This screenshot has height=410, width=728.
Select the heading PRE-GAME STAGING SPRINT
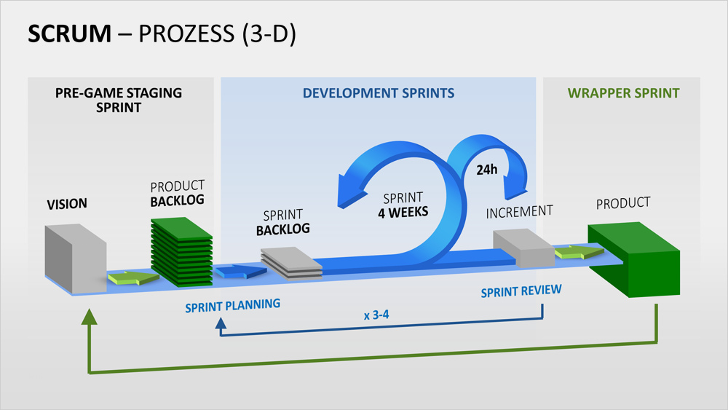[119, 100]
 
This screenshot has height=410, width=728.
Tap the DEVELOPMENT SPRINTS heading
[379, 93]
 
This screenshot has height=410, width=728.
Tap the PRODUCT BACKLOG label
[178, 193]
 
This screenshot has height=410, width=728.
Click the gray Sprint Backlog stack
[292, 262]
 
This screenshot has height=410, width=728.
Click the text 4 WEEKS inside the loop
[403, 213]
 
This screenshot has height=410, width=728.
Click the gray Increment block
[523, 248]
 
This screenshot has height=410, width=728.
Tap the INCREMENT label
[519, 212]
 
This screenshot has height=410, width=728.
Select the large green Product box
[634, 259]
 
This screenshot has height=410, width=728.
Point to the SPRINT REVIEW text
[521, 291]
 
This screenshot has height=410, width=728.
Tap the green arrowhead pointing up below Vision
[90, 315]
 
